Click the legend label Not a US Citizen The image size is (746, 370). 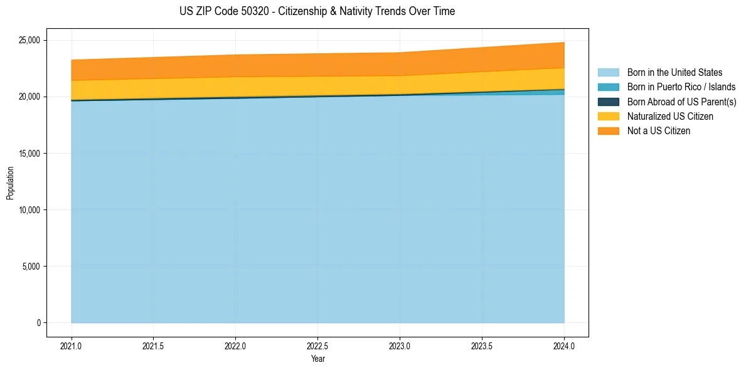click(x=659, y=131)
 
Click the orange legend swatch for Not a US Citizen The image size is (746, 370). click(x=608, y=131)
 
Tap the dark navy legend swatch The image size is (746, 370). click(x=608, y=102)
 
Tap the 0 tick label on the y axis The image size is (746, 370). click(x=39, y=323)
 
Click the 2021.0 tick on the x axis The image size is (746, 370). click(x=71, y=346)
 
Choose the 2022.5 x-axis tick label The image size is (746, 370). click(x=317, y=346)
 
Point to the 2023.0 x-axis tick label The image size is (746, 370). click(x=400, y=346)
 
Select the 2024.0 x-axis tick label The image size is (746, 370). click(x=564, y=346)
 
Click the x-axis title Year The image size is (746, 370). click(x=317, y=359)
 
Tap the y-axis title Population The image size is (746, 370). click(x=10, y=183)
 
